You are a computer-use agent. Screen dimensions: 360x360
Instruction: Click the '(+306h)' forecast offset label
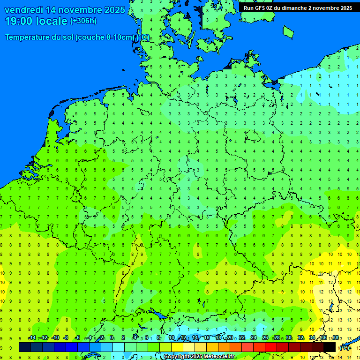tap(83, 21)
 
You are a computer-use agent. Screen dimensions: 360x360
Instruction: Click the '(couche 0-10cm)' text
tap(105, 37)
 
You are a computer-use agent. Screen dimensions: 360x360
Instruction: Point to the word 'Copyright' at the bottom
tap(177, 357)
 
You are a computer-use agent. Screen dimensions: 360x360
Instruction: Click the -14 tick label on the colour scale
tap(32, 338)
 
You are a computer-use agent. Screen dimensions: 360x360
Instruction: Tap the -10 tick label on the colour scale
tap(55, 338)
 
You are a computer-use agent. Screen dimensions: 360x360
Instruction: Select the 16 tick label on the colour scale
tap(207, 338)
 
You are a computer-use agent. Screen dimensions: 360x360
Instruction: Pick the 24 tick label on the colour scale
tap(254, 338)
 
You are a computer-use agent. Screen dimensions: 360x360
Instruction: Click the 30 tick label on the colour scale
tap(289, 338)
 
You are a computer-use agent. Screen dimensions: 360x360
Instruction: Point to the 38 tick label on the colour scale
tap(336, 338)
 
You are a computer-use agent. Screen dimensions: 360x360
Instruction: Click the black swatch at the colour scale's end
tap(330, 347)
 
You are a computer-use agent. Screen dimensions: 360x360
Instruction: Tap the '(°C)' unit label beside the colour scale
tap(345, 347)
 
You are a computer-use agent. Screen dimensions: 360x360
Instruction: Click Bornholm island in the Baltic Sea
tap(288, 31)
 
